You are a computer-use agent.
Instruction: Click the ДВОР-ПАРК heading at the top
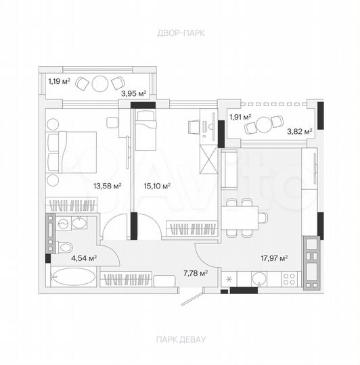pos(180,32)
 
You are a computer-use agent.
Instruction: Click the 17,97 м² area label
pos(275,258)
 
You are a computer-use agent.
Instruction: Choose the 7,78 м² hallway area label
pos(195,274)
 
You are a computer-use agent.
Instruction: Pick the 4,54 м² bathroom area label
pos(84,258)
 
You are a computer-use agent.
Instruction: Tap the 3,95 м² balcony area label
pos(133,93)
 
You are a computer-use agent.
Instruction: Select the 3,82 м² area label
pos(299,131)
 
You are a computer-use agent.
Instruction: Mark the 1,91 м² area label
pos(240,117)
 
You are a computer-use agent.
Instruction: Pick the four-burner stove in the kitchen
pos(290,278)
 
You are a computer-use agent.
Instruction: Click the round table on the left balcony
pos(101,84)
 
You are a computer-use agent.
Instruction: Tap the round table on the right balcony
pos(275,122)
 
